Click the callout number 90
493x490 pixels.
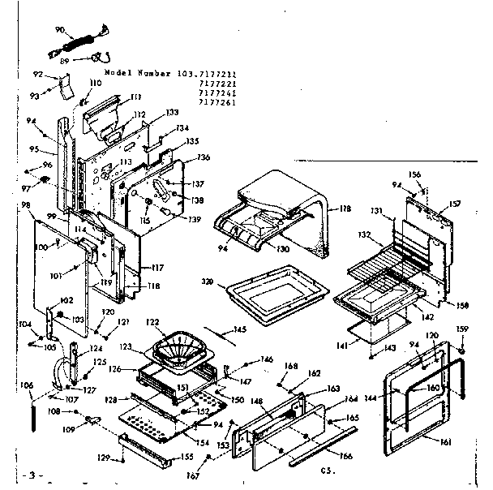point(59,30)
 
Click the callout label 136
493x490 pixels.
point(203,157)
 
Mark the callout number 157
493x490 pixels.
point(455,203)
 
